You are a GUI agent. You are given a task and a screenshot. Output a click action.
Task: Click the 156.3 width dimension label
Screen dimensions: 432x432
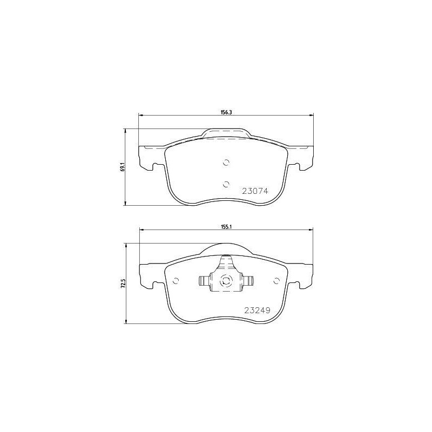[x=226, y=112]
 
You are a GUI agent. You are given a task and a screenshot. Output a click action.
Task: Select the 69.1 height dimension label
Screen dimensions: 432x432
[x=124, y=167]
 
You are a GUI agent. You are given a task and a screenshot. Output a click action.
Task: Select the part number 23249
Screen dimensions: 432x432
[x=256, y=310]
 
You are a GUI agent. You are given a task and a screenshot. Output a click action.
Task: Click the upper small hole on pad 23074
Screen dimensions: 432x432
[x=226, y=162]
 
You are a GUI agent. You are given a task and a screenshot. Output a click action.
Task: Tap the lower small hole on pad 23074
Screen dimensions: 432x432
[x=226, y=184]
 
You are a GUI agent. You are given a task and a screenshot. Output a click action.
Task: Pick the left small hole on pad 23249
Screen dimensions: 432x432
[x=175, y=280]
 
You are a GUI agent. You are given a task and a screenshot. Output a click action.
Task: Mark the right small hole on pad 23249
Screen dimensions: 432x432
[x=277, y=280]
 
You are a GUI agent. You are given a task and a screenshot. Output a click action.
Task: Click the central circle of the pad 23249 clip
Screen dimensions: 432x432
[x=226, y=280]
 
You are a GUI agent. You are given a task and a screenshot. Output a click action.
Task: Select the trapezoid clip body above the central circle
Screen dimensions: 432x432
[x=226, y=265]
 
